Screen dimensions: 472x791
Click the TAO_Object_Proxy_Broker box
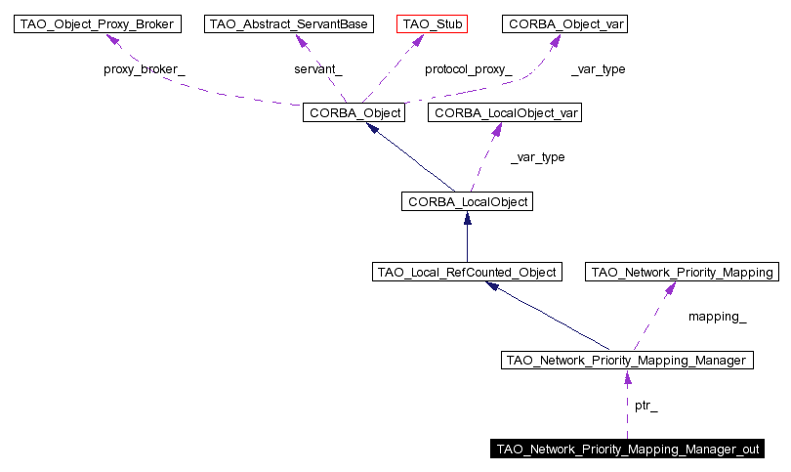98,23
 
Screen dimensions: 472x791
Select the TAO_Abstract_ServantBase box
290,23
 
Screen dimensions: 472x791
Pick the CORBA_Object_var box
564,23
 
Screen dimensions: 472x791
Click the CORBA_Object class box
354,113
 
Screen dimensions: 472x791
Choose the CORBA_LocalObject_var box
506,113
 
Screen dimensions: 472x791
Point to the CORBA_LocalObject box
466,202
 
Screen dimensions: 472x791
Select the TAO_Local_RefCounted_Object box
468,273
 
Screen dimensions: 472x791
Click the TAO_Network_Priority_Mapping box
681,273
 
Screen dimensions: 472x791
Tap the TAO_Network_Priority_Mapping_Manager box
626,361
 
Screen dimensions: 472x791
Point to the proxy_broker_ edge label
145,69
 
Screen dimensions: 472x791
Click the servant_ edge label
318,69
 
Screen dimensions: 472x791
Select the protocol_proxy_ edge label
468,69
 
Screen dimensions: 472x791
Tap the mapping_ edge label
717,317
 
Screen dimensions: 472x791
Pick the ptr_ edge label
646,405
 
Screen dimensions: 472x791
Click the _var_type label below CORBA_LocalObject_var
537,157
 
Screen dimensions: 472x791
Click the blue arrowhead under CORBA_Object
372,130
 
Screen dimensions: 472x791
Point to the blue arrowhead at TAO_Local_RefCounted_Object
494,287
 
